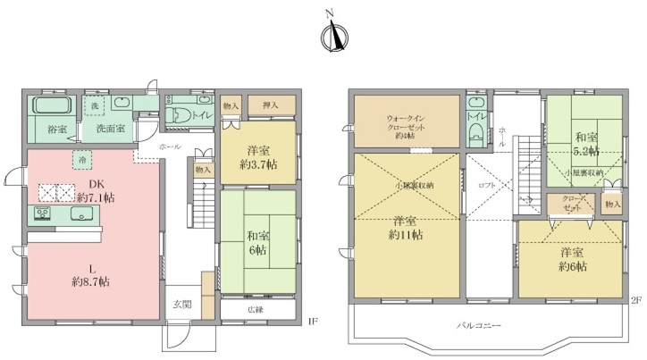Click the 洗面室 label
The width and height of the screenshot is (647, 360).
point(110,130)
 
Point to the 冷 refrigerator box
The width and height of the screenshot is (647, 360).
point(83,161)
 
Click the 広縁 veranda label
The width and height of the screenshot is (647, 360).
point(256,310)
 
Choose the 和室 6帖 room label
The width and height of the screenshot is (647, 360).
point(257,244)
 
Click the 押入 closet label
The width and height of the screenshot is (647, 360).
point(271,106)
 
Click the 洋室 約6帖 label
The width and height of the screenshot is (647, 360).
point(573,260)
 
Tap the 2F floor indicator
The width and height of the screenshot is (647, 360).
point(635,299)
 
